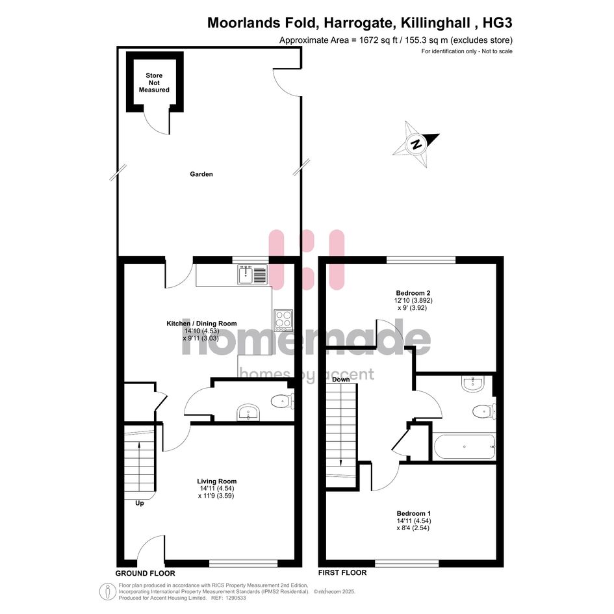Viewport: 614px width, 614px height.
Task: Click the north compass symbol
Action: pyautogui.click(x=416, y=144)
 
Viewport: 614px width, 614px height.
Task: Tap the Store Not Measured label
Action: pyautogui.click(x=154, y=83)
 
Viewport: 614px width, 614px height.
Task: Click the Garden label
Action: pyautogui.click(x=201, y=174)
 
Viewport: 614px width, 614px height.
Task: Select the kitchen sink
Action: pyautogui.click(x=253, y=274)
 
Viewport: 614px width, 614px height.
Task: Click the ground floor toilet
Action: pyautogui.click(x=283, y=402)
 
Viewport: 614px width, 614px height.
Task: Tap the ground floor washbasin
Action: pyautogui.click(x=248, y=413)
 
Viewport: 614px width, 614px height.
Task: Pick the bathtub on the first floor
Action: pyautogui.click(x=465, y=446)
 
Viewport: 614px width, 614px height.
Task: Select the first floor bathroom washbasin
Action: pyautogui.click(x=473, y=383)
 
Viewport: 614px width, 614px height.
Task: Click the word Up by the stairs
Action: pyautogui.click(x=140, y=503)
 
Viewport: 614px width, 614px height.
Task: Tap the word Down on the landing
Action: pyautogui.click(x=340, y=379)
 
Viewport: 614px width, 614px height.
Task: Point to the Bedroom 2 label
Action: pyautogui.click(x=413, y=293)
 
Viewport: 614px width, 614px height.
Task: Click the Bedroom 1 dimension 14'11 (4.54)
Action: pyautogui.click(x=413, y=521)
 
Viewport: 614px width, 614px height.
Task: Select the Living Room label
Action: pyautogui.click(x=216, y=481)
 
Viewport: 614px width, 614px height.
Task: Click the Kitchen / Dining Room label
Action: pyautogui.click(x=201, y=324)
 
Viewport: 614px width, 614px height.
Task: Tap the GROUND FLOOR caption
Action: pyautogui.click(x=146, y=573)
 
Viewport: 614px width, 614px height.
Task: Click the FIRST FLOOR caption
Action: pyautogui.click(x=342, y=573)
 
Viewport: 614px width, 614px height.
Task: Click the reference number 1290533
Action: pyautogui.click(x=234, y=598)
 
